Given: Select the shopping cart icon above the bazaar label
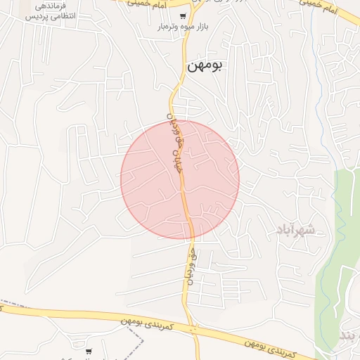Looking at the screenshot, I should coord(183,16).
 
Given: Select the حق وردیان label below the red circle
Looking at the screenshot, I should coord(189,264).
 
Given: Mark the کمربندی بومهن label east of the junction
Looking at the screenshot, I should coord(267,342).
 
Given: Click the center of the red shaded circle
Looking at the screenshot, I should coord(180,179).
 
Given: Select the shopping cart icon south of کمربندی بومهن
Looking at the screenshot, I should coord(89,351).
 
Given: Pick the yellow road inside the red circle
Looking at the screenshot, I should coord(184,197).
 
